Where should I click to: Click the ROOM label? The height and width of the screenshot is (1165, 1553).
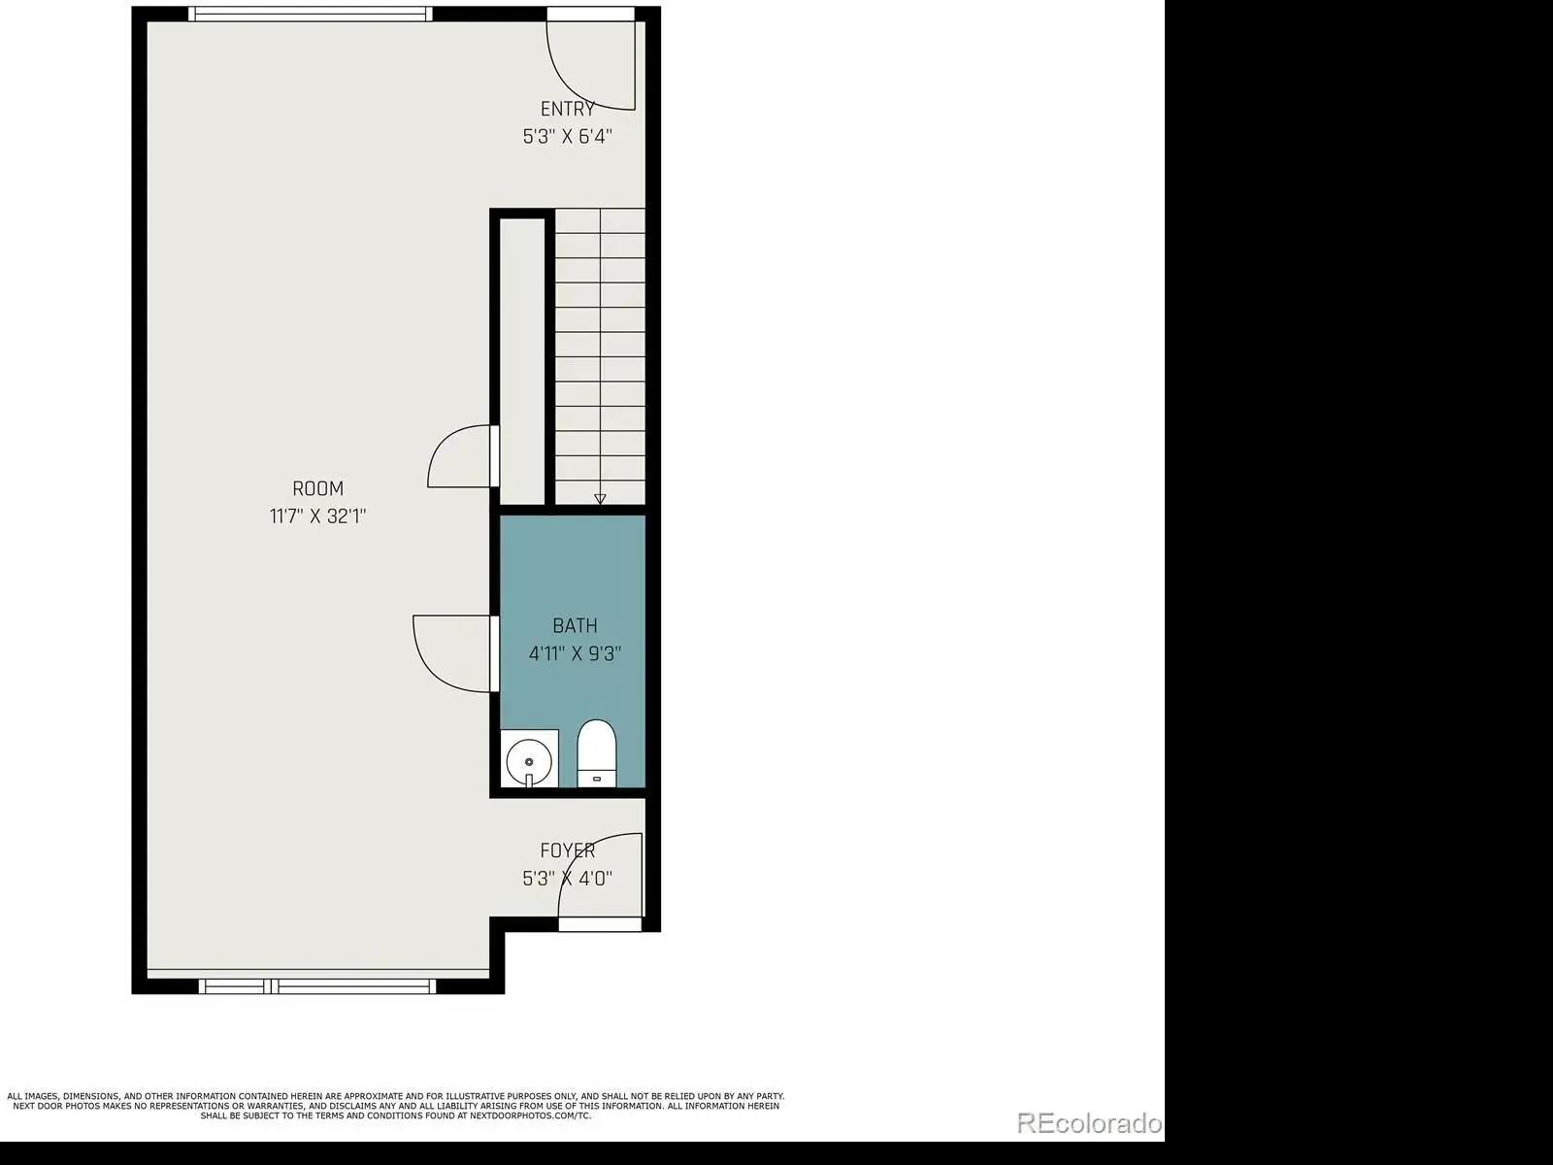(317, 488)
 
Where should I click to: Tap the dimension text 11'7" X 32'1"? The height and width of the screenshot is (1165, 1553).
(317, 516)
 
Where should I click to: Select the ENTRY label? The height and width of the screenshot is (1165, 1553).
(568, 109)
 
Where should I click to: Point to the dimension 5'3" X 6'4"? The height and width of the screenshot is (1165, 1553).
(568, 137)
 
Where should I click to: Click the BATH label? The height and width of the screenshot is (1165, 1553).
(575, 626)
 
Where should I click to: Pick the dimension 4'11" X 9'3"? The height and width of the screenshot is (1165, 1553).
(575, 653)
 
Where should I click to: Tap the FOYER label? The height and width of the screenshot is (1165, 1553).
(568, 851)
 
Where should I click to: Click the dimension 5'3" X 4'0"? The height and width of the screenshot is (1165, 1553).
(568, 879)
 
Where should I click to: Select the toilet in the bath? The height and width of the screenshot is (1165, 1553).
(596, 753)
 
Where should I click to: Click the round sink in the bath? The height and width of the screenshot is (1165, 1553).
(529, 762)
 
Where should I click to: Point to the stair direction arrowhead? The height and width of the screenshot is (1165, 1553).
(600, 499)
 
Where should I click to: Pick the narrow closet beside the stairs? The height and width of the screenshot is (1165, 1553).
(522, 361)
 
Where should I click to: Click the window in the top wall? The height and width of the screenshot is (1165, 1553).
(311, 15)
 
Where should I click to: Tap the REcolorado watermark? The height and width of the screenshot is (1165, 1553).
(1089, 1123)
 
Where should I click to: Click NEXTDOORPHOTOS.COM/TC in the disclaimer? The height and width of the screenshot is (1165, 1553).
(530, 1116)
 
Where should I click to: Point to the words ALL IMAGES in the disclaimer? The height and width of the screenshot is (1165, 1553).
(32, 1096)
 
